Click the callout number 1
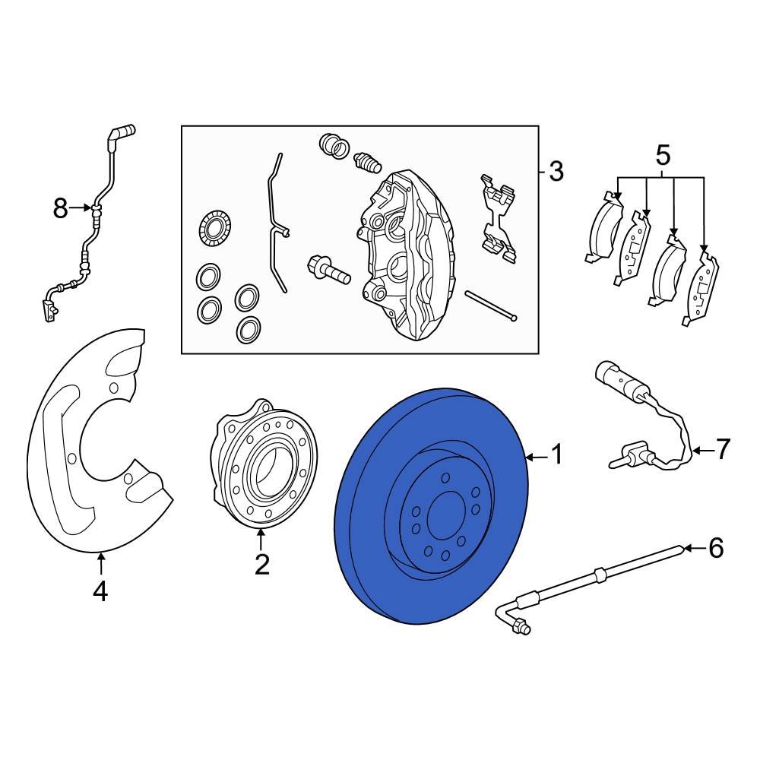[557, 456]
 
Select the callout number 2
[261, 565]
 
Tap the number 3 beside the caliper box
[556, 172]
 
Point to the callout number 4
[100, 591]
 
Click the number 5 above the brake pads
[663, 157]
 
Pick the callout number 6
[716, 548]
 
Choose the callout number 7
[722, 450]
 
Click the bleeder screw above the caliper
[366, 161]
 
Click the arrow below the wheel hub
[261, 541]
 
